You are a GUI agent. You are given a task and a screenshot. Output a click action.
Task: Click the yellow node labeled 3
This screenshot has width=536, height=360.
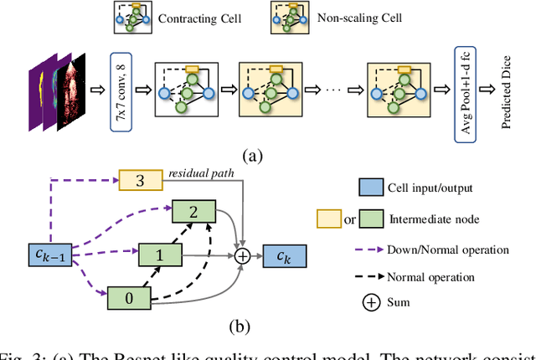click(139, 179)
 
